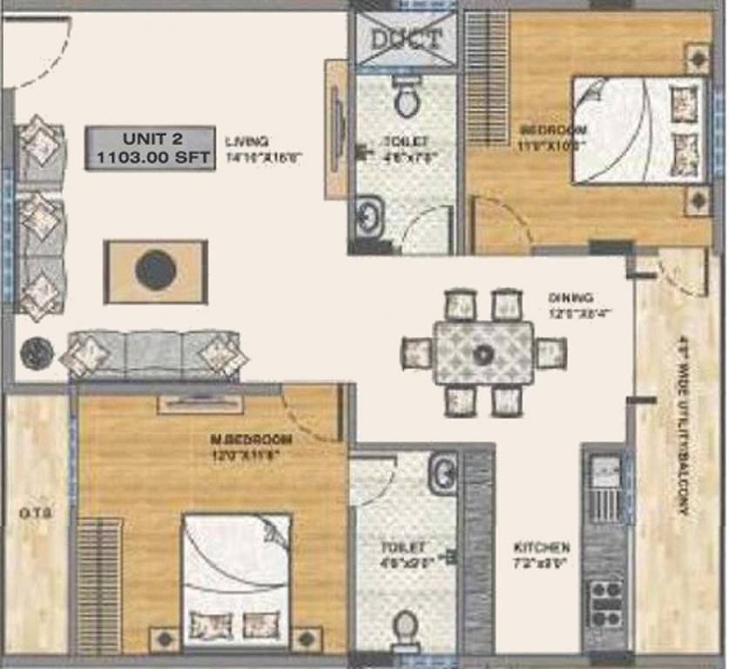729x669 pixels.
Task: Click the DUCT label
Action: pos(406,39)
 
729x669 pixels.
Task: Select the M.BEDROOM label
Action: pos(251,440)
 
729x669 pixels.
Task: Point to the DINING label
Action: pos(570,297)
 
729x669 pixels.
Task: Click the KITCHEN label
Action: pos(541,548)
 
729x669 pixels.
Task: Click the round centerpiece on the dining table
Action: pos(483,354)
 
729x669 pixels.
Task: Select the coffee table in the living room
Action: pos(156,271)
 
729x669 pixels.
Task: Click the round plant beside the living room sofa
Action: pos(37,353)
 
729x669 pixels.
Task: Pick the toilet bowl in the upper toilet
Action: pos(406,98)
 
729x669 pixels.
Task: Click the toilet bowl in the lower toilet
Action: pos(405,626)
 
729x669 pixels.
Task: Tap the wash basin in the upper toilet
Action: pos(368,215)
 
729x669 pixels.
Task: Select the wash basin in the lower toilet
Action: pos(442,473)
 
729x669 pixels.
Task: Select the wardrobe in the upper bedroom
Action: pos(487,78)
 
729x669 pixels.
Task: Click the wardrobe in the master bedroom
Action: pos(99,584)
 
